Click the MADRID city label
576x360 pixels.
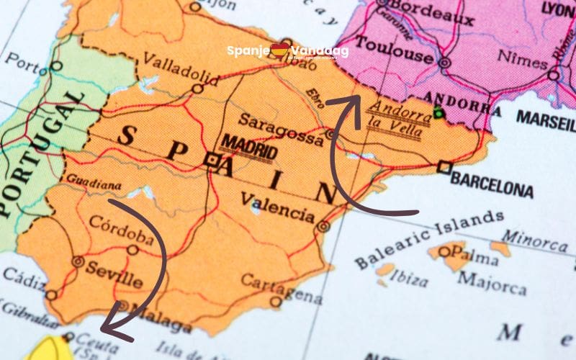[248, 148]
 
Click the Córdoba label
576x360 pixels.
[121, 230]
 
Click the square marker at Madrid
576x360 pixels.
[211, 160]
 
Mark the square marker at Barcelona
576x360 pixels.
[444, 168]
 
